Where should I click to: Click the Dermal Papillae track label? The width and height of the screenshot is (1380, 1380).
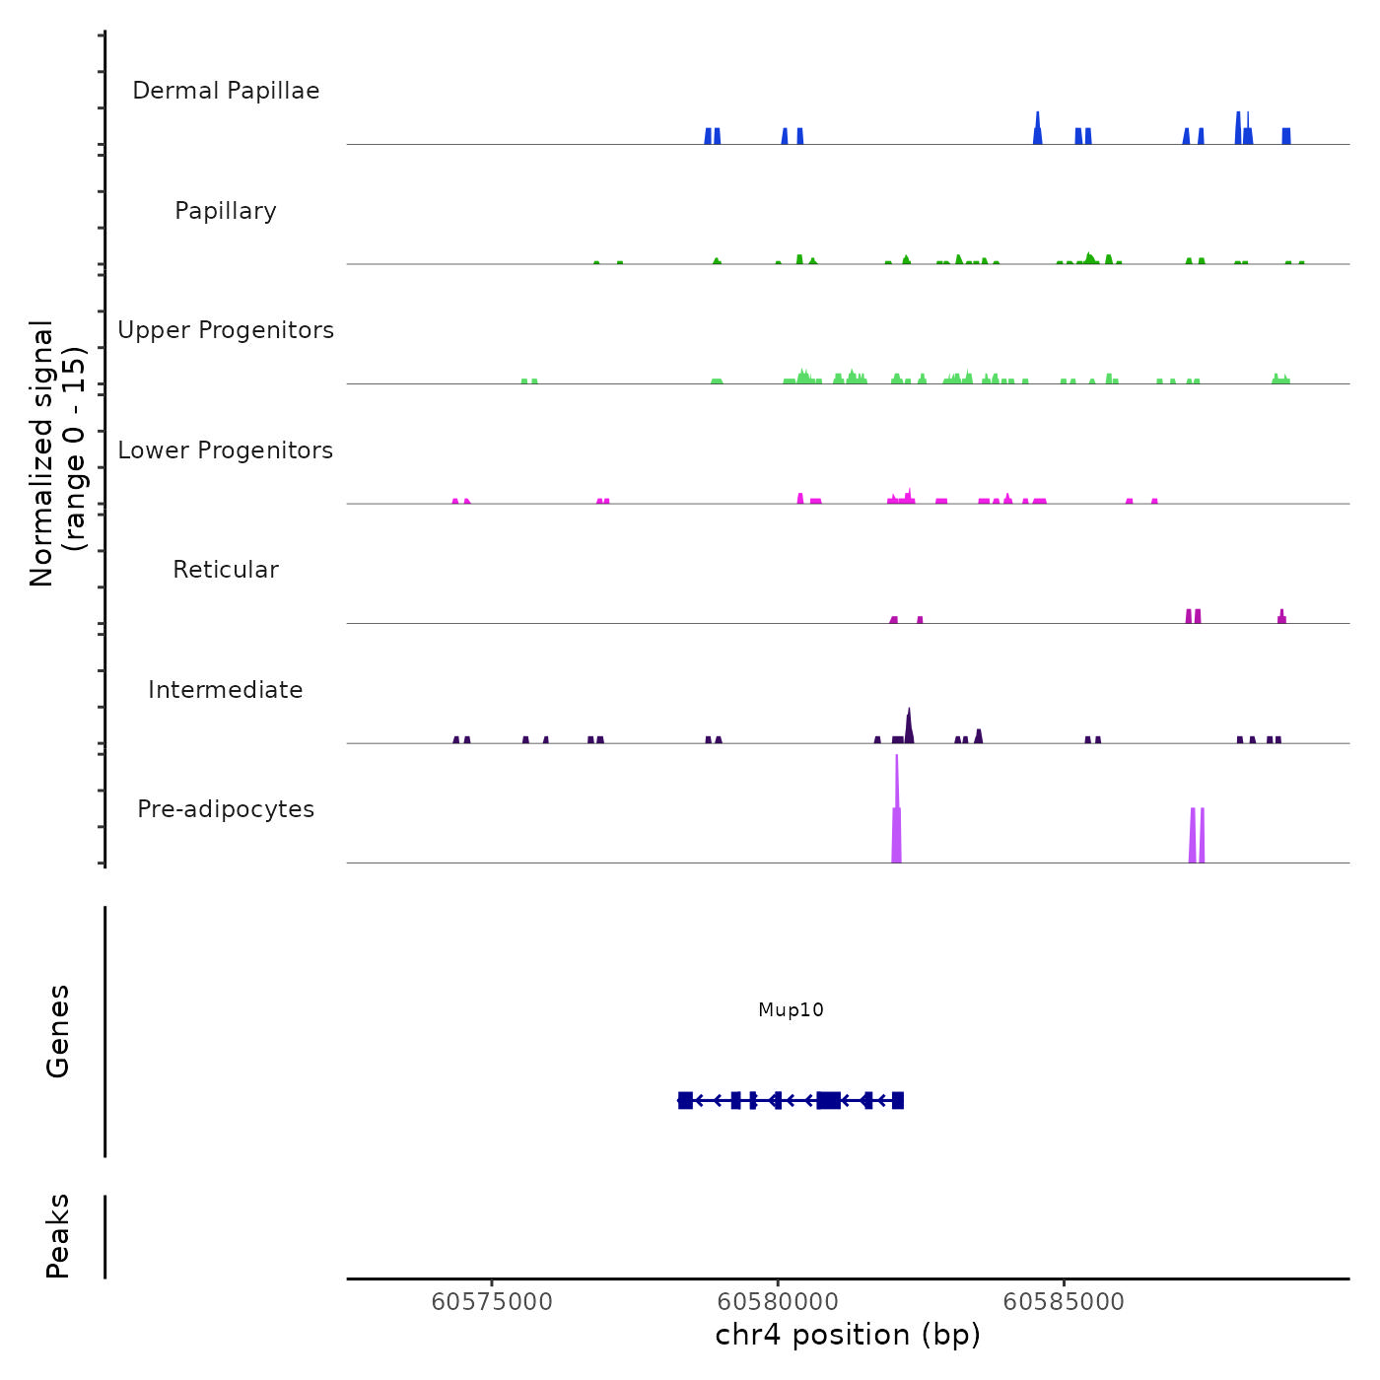tap(226, 91)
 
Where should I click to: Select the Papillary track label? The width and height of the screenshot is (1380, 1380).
tap(226, 211)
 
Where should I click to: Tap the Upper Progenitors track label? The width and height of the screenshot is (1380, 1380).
tap(226, 330)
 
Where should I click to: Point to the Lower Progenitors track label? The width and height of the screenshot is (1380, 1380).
tap(226, 450)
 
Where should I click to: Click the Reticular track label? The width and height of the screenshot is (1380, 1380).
tap(226, 570)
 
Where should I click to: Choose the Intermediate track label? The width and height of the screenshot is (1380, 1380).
tap(226, 690)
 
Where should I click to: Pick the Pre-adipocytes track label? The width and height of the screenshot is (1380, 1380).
tap(226, 809)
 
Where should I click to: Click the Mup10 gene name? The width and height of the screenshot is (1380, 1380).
tap(791, 1010)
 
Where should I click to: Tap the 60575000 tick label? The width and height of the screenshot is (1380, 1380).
tap(492, 1302)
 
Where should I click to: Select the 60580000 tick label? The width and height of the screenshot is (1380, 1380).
tap(778, 1302)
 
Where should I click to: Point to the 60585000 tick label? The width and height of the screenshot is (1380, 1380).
tap(1064, 1302)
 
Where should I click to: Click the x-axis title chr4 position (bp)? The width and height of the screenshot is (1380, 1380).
tap(848, 1335)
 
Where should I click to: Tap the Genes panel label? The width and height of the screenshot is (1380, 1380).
tap(58, 1031)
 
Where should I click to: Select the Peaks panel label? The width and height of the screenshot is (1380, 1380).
tap(58, 1236)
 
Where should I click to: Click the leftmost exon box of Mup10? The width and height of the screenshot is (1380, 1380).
tap(685, 1101)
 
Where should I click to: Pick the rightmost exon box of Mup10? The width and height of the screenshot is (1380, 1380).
tap(898, 1101)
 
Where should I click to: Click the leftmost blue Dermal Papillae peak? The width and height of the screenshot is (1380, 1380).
tap(708, 136)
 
